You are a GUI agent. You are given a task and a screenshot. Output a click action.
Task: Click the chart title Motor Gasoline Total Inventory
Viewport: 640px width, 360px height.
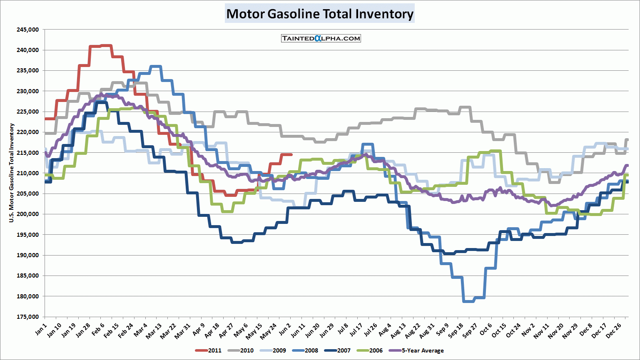coord(320,14)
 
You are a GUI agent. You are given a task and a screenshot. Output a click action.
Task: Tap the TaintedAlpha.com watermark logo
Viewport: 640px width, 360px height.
coord(321,38)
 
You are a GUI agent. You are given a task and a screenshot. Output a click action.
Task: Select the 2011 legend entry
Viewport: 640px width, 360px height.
coord(209,350)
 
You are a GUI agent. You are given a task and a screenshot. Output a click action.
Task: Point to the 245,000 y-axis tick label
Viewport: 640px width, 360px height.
coord(28,30)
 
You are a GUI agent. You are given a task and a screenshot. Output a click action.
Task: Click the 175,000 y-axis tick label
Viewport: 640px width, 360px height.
coord(28,317)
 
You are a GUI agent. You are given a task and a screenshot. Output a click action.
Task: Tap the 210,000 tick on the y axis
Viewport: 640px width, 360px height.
coord(28,173)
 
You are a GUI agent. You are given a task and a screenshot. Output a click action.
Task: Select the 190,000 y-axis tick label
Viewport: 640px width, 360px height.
coord(28,255)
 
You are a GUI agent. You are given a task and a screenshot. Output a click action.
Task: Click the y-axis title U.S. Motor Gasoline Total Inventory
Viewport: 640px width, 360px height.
coord(12,173)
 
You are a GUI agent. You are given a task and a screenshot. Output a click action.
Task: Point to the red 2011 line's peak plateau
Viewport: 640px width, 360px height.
coord(100,46)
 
